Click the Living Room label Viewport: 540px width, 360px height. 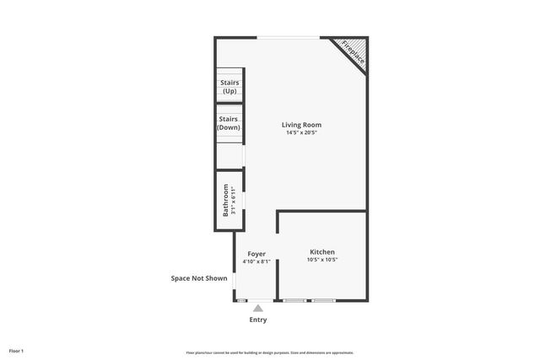tap(301, 125)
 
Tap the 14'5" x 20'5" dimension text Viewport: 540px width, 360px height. tap(301, 132)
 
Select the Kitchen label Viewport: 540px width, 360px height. tap(322, 252)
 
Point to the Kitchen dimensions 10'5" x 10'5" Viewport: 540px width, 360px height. tap(322, 261)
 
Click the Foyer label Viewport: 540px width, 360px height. tap(256, 254)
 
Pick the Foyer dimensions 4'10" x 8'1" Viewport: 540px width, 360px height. tap(256, 262)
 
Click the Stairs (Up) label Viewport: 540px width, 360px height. tap(229, 86)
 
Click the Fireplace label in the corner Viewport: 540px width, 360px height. tap(353, 52)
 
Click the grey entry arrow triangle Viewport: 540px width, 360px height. tap(258, 309)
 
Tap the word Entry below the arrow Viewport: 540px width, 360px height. tap(258, 320)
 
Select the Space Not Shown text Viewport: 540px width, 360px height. tap(199, 278)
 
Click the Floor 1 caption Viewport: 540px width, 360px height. tap(16, 351)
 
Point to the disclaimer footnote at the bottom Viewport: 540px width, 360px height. tap(269, 352)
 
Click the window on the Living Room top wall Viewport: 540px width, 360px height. tap(289, 37)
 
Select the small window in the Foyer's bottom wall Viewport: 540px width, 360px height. tap(242, 300)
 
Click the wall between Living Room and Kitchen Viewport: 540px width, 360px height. tap(322, 211)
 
